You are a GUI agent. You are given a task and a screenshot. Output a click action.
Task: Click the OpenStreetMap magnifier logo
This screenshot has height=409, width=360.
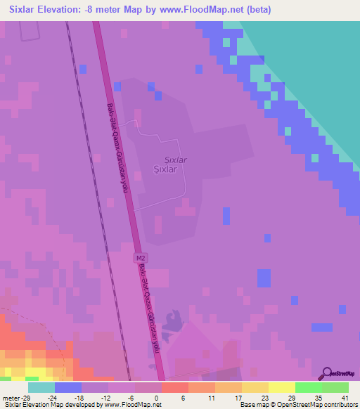[x=328, y=372]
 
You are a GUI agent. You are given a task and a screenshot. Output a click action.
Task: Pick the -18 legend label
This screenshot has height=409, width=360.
[x=79, y=398]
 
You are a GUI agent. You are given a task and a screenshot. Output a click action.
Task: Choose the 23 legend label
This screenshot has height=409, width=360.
[x=264, y=398]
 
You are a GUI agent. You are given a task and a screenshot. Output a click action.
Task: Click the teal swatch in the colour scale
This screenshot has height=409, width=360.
[x=41, y=387]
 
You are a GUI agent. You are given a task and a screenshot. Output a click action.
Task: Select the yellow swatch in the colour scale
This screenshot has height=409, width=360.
[x=282, y=387]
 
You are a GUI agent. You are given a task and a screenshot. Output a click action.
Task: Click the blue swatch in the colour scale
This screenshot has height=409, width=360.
[x=68, y=387]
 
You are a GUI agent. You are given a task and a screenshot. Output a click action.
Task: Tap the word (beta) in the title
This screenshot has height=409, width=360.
[x=256, y=10]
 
